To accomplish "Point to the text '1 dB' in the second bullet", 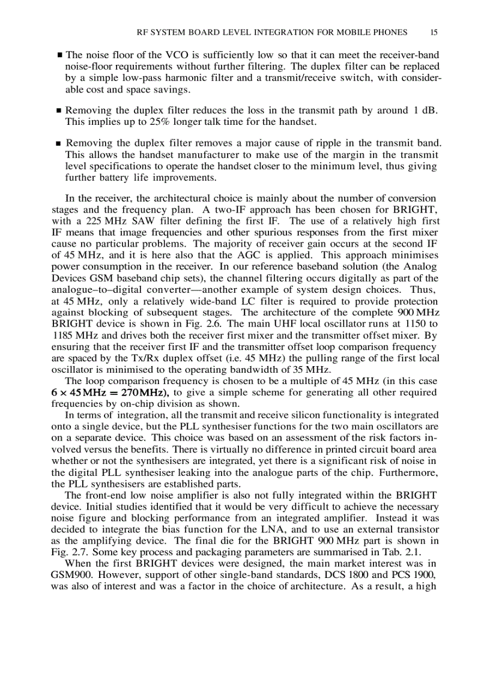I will (425, 110).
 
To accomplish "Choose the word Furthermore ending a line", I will (410, 473).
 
